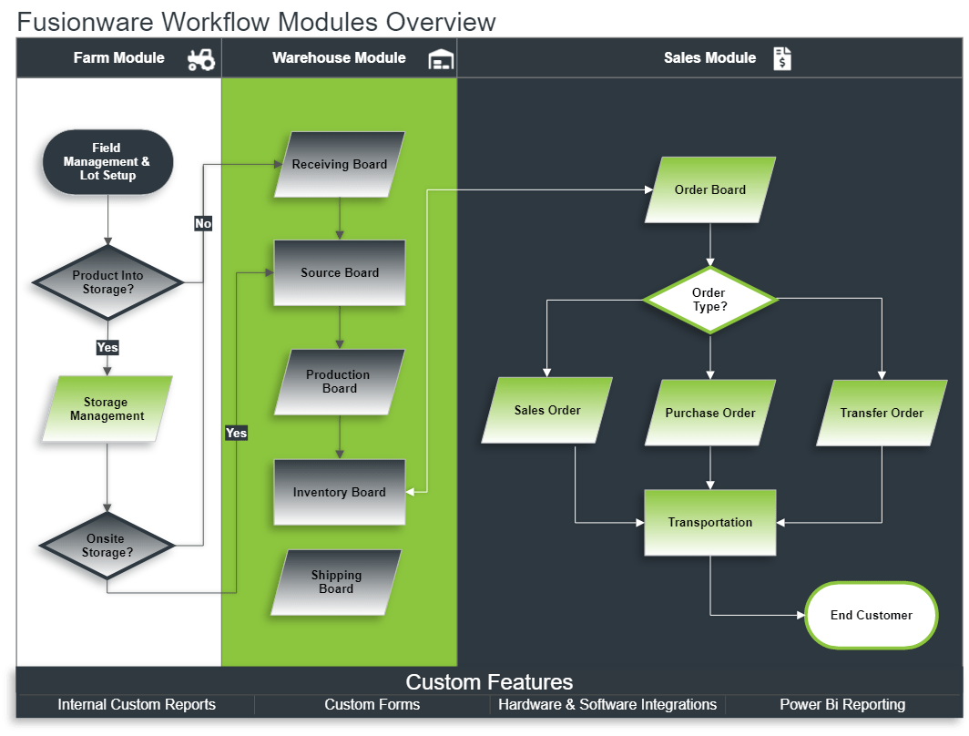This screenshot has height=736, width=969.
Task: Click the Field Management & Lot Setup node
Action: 107,162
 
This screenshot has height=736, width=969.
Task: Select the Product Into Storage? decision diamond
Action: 107,282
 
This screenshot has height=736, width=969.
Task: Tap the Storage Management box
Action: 107,409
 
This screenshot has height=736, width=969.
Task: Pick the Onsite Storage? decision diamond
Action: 107,546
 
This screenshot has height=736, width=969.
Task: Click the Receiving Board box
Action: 340,165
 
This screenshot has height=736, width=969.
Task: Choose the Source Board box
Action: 340,272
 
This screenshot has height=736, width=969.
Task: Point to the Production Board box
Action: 339,382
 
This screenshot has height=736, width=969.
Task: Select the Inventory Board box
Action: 340,492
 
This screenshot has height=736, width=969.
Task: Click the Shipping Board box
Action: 336,582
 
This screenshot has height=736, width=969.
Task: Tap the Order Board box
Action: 710,189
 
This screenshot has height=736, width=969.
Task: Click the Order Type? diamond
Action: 709,300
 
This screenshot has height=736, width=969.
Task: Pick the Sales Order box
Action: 547,411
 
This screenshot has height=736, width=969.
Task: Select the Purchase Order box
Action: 710,413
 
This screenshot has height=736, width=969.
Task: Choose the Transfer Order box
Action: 882,413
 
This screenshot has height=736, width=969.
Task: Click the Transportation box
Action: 710,523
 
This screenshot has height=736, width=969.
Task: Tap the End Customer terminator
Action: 871,616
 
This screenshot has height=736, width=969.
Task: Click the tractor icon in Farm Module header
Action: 201,59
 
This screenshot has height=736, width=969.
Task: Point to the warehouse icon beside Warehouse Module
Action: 441,59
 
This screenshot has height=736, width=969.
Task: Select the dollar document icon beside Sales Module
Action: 782,59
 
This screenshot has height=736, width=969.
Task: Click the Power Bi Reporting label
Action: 842,705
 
